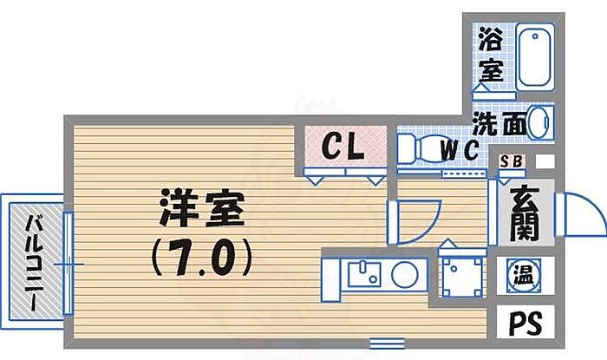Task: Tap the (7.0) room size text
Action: [x=201, y=255]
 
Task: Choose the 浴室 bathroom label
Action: [x=492, y=54]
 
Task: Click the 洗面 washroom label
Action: [x=499, y=123]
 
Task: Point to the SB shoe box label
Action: [x=512, y=161]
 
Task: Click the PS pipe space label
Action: [x=524, y=324]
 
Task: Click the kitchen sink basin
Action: [x=362, y=274]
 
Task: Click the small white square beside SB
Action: [x=545, y=161]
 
